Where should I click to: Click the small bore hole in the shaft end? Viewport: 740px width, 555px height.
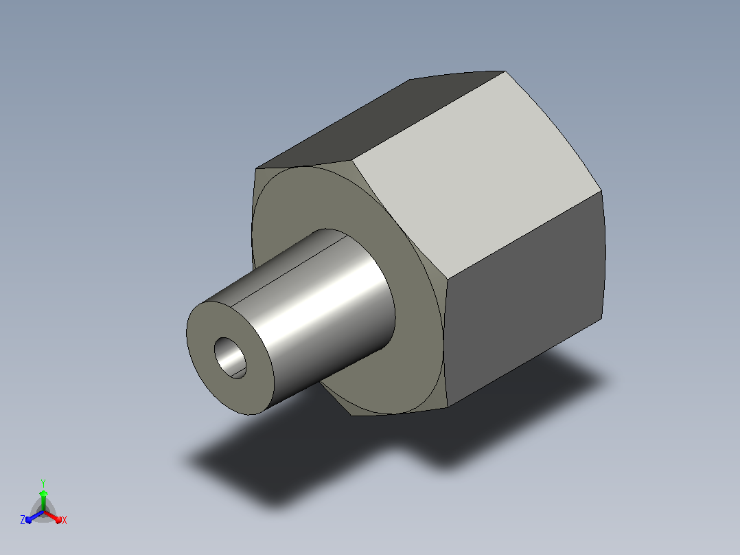tap(231, 358)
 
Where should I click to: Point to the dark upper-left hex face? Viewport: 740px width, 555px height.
tap(378, 118)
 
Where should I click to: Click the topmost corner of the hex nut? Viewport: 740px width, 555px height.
tap(505, 71)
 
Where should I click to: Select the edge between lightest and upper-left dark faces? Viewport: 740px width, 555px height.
tap(428, 115)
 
